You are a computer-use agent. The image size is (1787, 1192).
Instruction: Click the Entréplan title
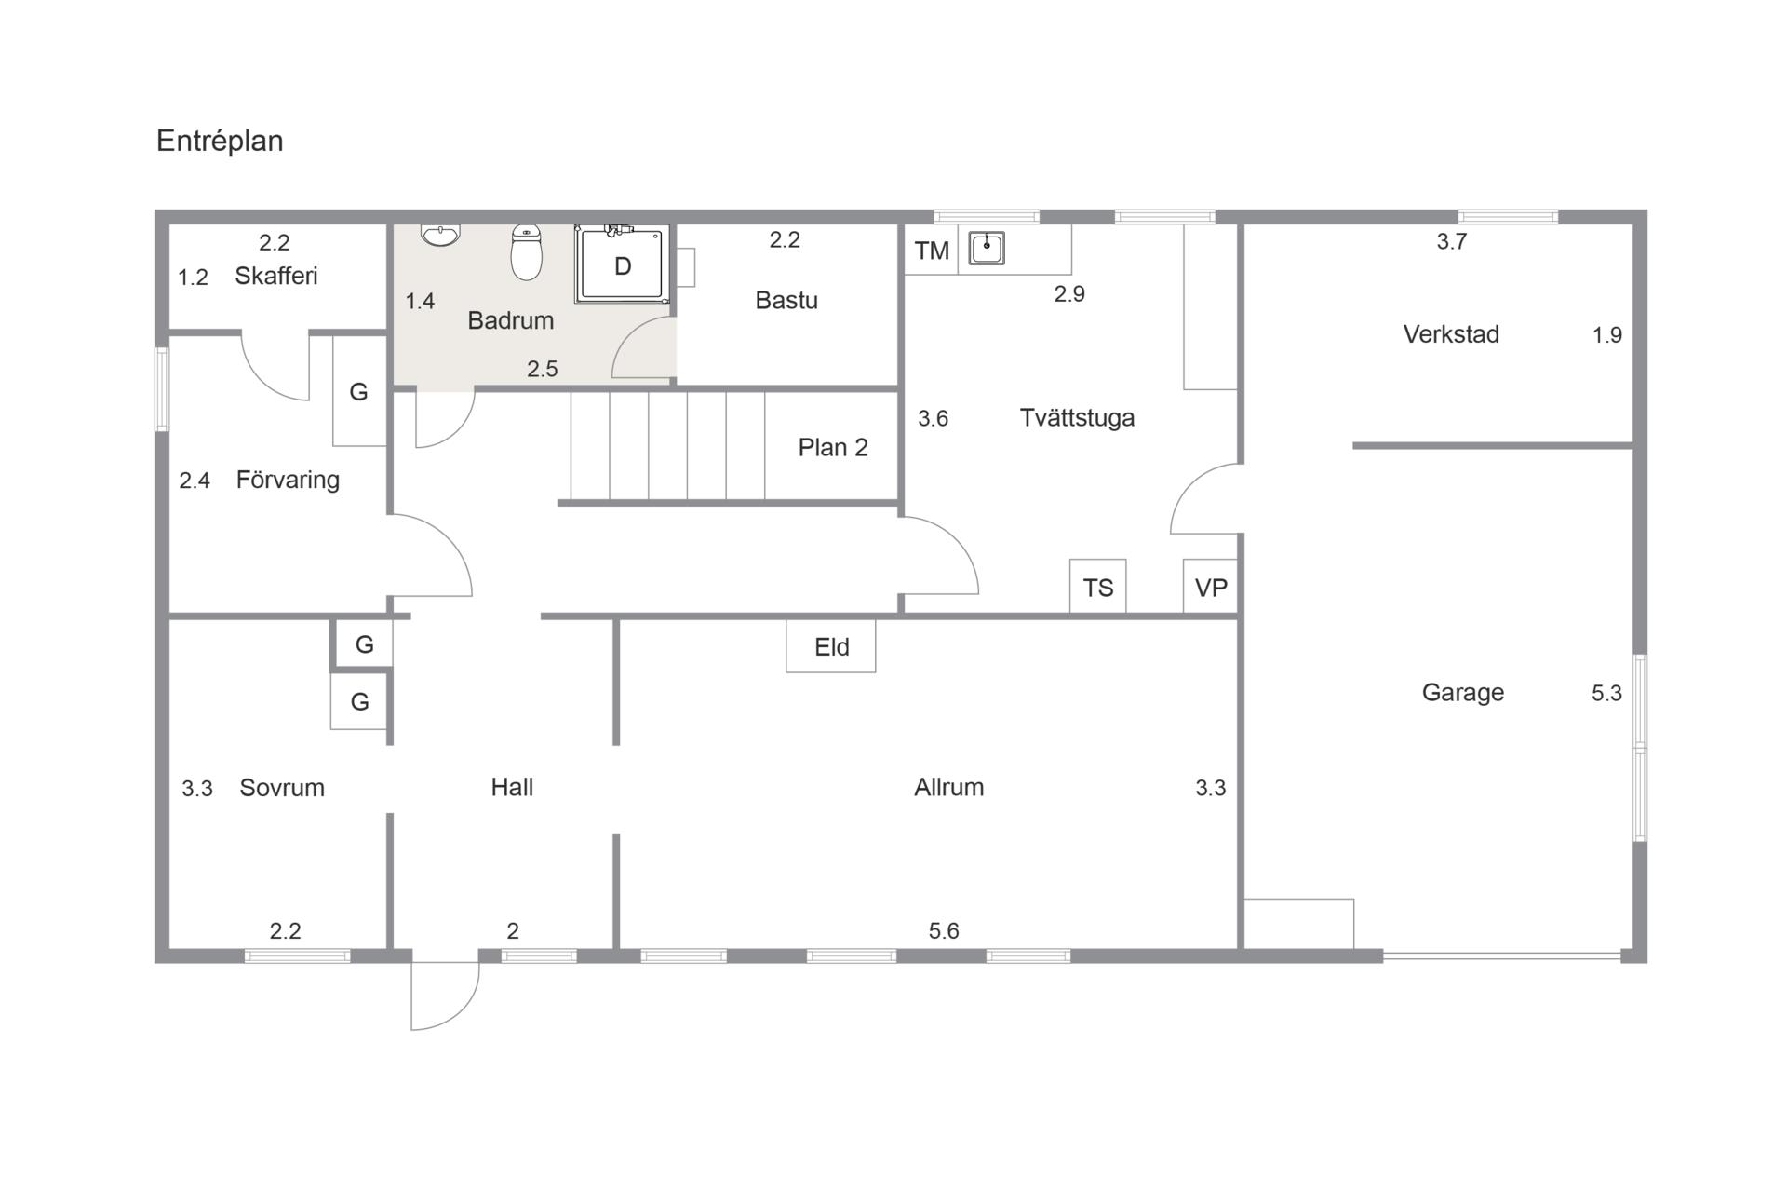click(x=220, y=142)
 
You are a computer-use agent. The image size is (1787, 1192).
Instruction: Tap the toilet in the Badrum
click(x=527, y=251)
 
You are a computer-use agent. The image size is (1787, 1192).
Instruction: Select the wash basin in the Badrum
click(x=440, y=235)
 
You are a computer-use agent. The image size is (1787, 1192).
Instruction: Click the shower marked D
click(x=622, y=264)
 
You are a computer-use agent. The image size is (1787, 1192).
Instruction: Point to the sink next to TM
click(x=987, y=249)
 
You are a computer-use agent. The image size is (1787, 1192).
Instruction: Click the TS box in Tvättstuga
click(x=1098, y=587)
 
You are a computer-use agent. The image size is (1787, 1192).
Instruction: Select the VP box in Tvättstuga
click(x=1211, y=587)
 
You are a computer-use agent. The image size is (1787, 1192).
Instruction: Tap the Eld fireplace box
click(x=831, y=646)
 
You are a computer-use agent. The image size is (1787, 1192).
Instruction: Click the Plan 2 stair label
click(x=833, y=448)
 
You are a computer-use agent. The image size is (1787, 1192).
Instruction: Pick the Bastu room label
click(x=786, y=300)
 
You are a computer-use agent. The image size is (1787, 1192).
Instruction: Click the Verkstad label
click(x=1451, y=334)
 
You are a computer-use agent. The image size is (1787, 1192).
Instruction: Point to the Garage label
click(x=1463, y=693)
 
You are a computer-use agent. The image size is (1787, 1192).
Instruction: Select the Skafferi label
click(x=276, y=276)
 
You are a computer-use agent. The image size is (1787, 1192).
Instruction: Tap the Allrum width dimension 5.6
click(x=944, y=930)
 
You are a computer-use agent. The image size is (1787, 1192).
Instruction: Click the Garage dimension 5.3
click(x=1606, y=693)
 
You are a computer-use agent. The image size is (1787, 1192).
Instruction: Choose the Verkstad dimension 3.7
click(x=1452, y=241)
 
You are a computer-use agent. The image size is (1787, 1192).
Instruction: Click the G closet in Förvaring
click(x=359, y=391)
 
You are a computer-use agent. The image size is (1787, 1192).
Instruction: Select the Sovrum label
click(x=282, y=788)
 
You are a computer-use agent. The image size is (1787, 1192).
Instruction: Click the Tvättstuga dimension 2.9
click(x=1069, y=294)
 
